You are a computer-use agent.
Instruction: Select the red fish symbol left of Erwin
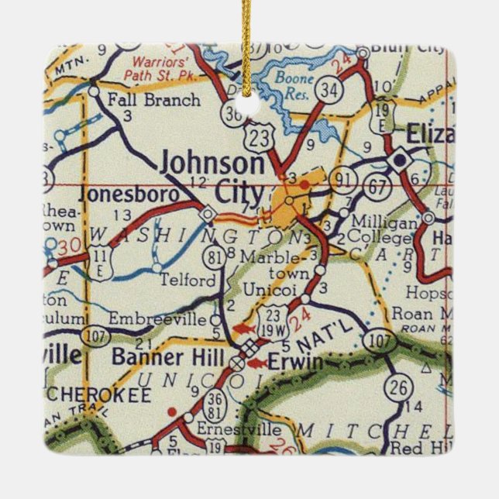coord(256,362)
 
